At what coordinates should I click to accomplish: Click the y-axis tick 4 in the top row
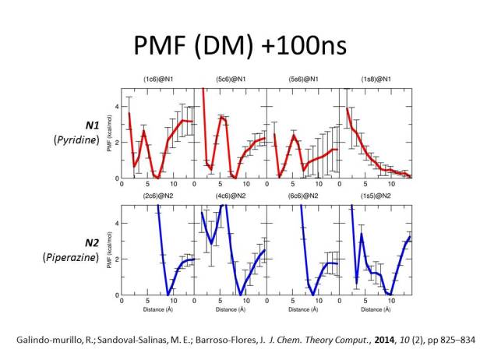point(115,106)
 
